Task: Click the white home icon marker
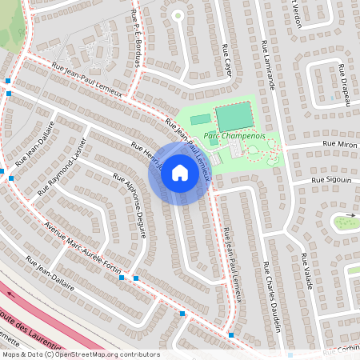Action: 179,173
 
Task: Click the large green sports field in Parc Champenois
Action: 233,117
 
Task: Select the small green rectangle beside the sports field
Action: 200,119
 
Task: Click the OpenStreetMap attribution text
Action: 80,354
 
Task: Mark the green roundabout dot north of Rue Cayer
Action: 178,14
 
